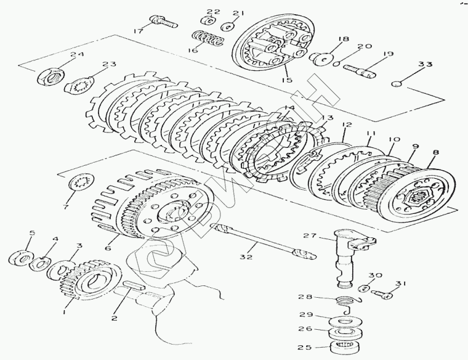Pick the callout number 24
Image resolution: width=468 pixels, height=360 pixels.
(76, 55)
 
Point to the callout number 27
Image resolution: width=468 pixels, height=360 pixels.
(309, 235)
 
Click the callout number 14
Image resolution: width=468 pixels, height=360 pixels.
(289, 108)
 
